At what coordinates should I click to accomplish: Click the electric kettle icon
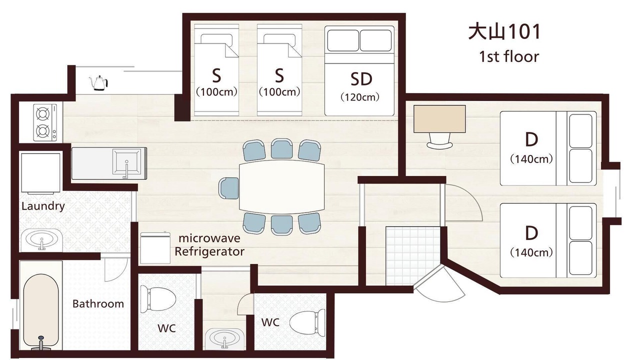click(x=98, y=83)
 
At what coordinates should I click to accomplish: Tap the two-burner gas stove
click(x=45, y=122)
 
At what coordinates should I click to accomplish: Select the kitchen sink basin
click(x=126, y=162)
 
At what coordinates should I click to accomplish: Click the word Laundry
click(x=43, y=206)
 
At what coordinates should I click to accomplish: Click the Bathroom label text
click(x=98, y=303)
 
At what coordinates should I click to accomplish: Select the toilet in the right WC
click(x=307, y=323)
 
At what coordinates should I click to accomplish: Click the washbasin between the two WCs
click(x=225, y=339)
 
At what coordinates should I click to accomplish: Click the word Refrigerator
click(x=209, y=251)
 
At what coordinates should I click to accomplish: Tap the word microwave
click(x=209, y=238)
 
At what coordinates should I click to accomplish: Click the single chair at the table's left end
click(x=229, y=188)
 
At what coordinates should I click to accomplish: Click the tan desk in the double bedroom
click(x=439, y=119)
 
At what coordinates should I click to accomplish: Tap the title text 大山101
click(x=504, y=32)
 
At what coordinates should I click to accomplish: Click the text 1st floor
click(x=509, y=57)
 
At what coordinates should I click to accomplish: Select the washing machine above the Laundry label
click(x=41, y=173)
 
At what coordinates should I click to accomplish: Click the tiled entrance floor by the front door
click(x=412, y=256)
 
